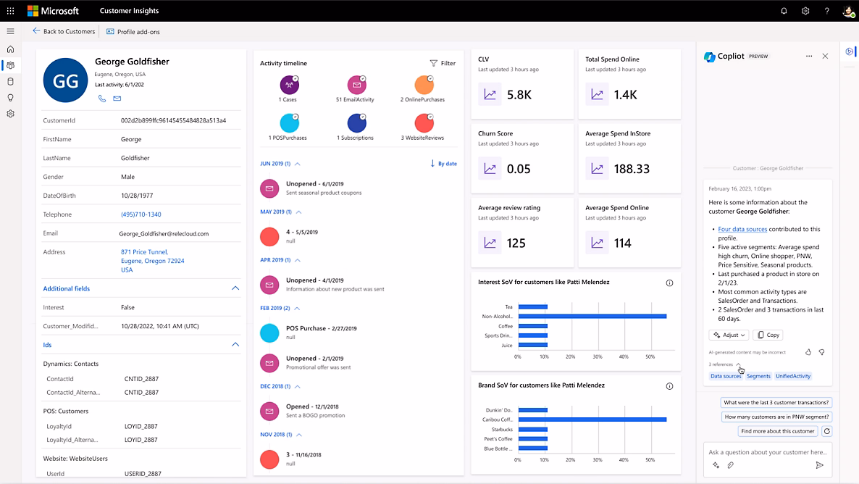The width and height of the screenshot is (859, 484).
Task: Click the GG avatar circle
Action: point(65,81)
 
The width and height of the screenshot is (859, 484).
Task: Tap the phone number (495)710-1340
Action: point(141,214)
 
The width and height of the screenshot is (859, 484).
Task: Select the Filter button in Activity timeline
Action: point(443,63)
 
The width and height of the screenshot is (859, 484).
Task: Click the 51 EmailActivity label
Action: point(355,99)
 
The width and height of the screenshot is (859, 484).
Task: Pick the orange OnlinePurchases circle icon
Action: point(424,85)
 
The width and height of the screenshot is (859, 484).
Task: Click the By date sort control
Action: point(443,164)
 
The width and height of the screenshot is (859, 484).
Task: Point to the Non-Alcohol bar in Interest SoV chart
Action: point(592,316)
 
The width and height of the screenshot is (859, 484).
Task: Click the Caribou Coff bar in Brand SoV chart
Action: point(592,420)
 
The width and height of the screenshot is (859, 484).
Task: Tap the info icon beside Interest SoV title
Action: point(669,283)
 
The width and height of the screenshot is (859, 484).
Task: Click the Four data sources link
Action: point(742,229)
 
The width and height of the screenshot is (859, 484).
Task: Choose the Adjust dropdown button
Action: point(729,335)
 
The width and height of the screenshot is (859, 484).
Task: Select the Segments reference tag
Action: point(758,376)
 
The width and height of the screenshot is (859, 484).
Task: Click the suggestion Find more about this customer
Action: point(778,431)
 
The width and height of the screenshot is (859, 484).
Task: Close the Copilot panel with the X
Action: point(825,56)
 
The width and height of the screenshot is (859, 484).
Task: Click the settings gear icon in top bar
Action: point(805,11)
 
